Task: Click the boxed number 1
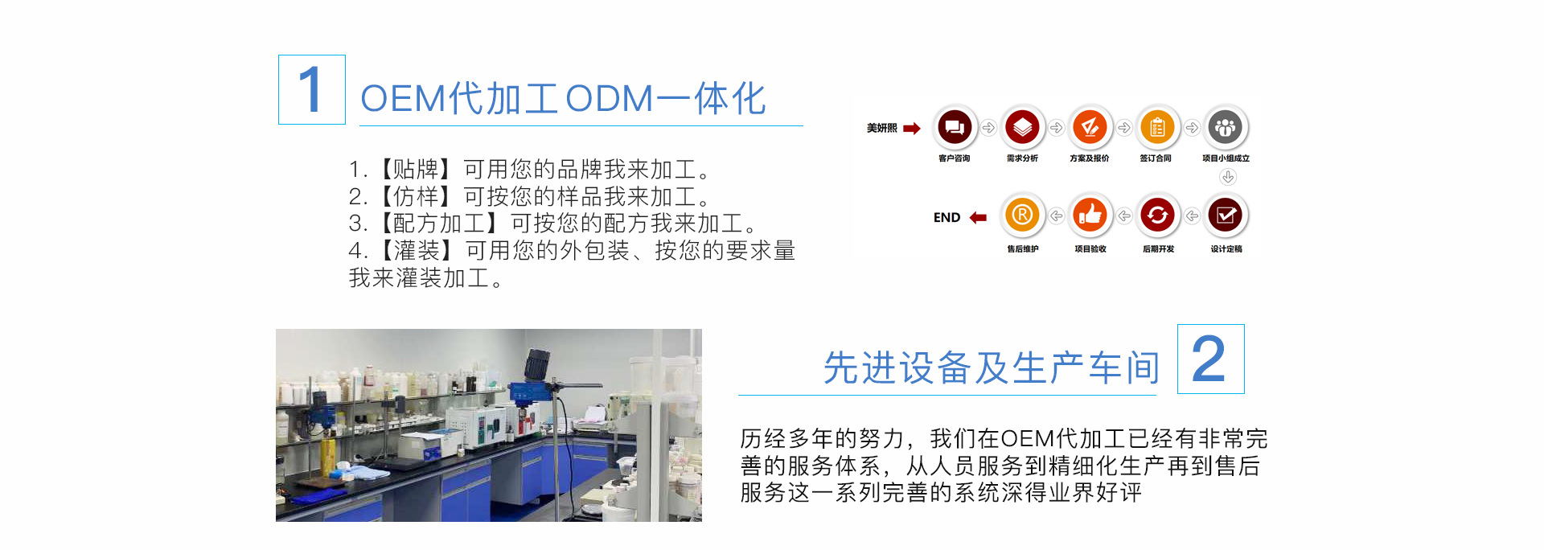pyautogui.click(x=311, y=90)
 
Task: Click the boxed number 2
pyautogui.click(x=1210, y=359)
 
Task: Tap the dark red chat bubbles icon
pyautogui.click(x=955, y=127)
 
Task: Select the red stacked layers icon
pyautogui.click(x=1022, y=127)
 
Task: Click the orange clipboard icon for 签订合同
pyautogui.click(x=1157, y=127)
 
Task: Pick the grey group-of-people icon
pyautogui.click(x=1225, y=127)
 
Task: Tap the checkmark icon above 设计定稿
pyautogui.click(x=1226, y=215)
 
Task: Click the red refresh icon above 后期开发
pyautogui.click(x=1157, y=215)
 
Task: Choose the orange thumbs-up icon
pyautogui.click(x=1090, y=215)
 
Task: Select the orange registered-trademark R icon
pyautogui.click(x=1022, y=215)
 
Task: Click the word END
pyautogui.click(x=947, y=217)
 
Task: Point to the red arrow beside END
pyautogui.click(x=978, y=217)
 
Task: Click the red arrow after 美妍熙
pyautogui.click(x=912, y=128)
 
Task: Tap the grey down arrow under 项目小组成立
pyautogui.click(x=1227, y=177)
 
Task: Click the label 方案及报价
pyautogui.click(x=1090, y=158)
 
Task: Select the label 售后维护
pyautogui.click(x=1023, y=249)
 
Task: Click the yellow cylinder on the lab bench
pyautogui.click(x=328, y=456)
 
